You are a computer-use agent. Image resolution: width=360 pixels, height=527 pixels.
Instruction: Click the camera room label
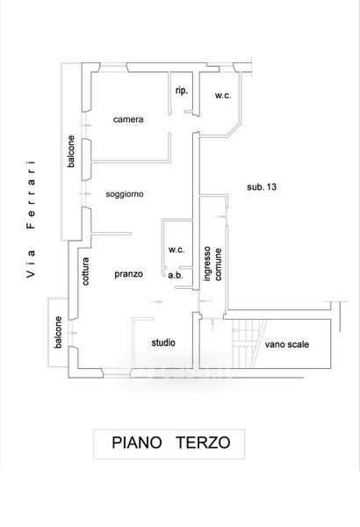(128, 119)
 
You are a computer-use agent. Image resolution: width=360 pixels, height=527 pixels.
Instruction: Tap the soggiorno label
(125, 194)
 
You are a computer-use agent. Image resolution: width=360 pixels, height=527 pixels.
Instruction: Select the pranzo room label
(128, 274)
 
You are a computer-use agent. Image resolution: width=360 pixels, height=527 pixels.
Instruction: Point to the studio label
(163, 343)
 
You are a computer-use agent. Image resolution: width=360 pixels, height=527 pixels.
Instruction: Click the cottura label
(86, 271)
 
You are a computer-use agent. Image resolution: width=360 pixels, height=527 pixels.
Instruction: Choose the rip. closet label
(182, 90)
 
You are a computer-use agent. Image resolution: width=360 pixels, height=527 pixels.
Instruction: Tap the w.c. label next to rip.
(223, 96)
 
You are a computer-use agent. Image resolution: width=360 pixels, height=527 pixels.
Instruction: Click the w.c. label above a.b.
(176, 249)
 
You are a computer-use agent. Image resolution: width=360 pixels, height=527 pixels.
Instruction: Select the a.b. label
(176, 275)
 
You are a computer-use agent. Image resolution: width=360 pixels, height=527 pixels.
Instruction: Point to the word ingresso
(207, 263)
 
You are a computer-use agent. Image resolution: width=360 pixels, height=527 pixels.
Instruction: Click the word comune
(218, 264)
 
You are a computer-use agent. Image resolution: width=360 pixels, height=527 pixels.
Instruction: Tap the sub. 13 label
(262, 187)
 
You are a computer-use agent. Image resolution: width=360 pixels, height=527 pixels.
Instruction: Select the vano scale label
(287, 344)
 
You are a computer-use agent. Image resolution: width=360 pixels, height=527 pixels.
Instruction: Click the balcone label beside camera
(71, 151)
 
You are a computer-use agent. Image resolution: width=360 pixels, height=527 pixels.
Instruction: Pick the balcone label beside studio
(58, 332)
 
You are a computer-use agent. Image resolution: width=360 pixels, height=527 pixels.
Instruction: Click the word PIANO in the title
(137, 443)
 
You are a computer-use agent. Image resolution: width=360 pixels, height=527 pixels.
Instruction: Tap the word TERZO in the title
(204, 443)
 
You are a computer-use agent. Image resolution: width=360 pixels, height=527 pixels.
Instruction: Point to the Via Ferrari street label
(31, 219)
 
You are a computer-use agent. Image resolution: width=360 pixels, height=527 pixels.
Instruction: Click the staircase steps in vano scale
(248, 343)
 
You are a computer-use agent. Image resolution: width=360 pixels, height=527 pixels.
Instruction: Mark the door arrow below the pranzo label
(156, 302)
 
